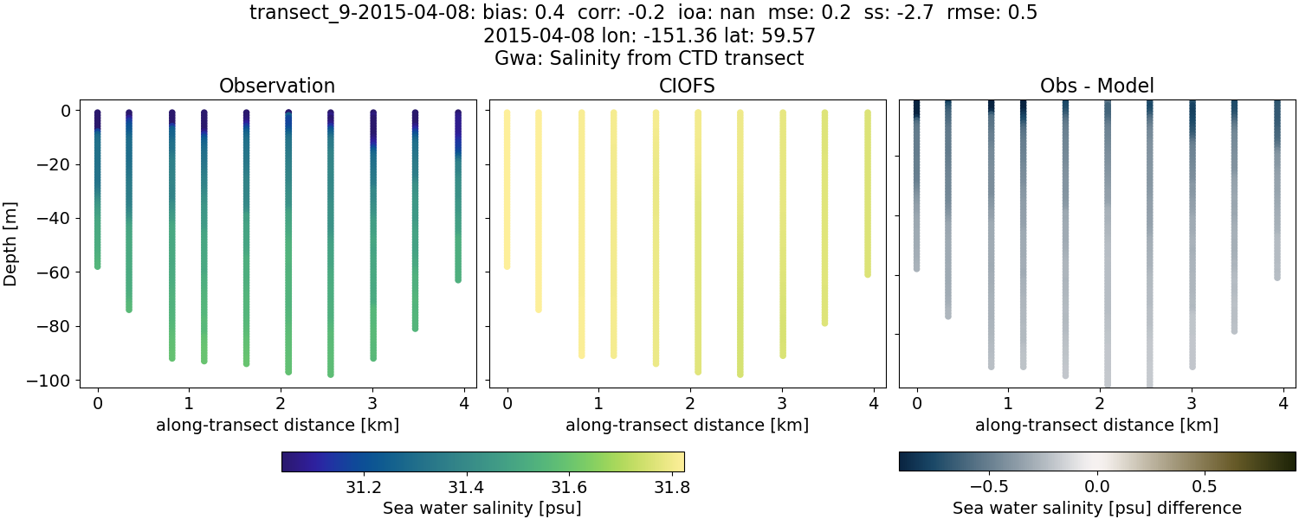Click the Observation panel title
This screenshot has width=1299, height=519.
[x=277, y=86]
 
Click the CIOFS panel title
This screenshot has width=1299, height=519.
[x=687, y=86]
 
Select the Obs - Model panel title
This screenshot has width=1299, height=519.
[x=1096, y=86]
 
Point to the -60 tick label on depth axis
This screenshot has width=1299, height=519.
[x=54, y=272]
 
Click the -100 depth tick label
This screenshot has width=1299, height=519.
[x=49, y=381]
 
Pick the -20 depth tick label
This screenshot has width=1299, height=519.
[x=54, y=164]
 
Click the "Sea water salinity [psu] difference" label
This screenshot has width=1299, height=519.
[x=1096, y=508]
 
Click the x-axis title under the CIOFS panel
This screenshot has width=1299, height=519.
[x=687, y=425]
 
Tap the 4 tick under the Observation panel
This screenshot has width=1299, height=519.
[x=464, y=403]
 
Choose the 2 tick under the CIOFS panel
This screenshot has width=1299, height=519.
[x=690, y=403]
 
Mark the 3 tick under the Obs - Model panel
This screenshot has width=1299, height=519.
[x=1192, y=403]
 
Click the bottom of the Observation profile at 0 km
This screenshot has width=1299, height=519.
[x=98, y=266]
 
